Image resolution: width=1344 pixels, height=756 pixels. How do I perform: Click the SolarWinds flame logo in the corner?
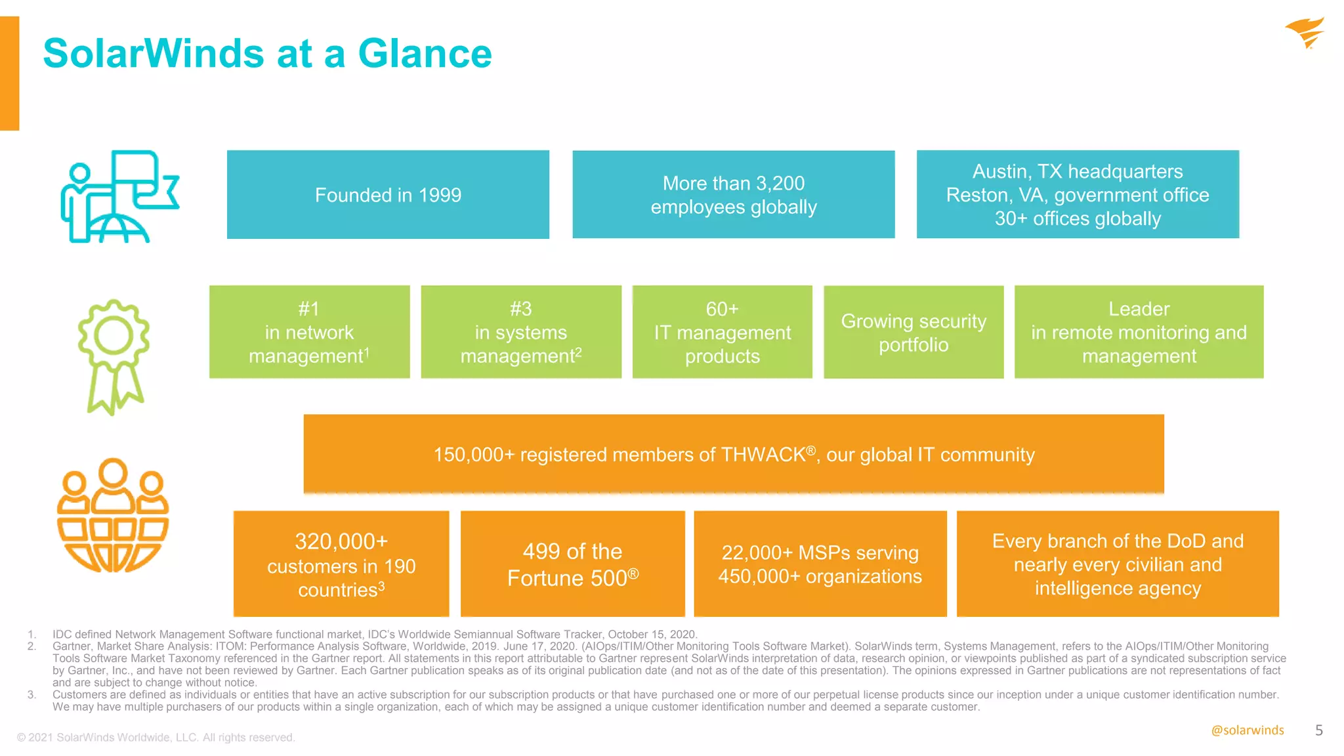[x=1305, y=33]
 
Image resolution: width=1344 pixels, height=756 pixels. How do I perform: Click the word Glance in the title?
[x=425, y=53]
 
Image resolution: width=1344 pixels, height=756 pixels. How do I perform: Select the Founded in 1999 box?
[x=388, y=195]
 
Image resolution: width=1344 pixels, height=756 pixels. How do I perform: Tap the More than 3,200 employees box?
[x=733, y=195]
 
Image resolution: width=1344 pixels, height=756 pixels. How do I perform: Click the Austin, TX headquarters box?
[x=1078, y=195]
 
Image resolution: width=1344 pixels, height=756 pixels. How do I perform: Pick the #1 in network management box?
[x=309, y=332]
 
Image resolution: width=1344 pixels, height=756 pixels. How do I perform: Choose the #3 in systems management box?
[x=521, y=332]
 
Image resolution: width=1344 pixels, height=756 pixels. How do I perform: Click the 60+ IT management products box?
[x=722, y=332]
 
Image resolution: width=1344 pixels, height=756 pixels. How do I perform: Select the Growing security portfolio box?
[x=913, y=332]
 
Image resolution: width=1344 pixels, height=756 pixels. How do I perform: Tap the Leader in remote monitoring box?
[x=1139, y=332]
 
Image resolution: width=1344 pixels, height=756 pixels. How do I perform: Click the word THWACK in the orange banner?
[x=763, y=455]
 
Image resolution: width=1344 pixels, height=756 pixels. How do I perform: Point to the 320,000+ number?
[x=341, y=541]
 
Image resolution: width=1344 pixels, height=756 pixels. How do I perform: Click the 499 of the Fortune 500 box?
[x=572, y=564]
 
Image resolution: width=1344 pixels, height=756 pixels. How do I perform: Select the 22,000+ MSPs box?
[x=820, y=564]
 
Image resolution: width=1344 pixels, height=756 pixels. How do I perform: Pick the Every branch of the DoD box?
[x=1118, y=564]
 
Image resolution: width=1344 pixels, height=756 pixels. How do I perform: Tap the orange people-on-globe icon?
[x=113, y=516]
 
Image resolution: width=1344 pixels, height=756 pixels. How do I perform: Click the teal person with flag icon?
[x=119, y=197]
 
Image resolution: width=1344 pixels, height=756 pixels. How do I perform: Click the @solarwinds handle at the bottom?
[x=1247, y=730]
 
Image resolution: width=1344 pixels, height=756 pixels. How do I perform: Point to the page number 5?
[x=1318, y=730]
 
